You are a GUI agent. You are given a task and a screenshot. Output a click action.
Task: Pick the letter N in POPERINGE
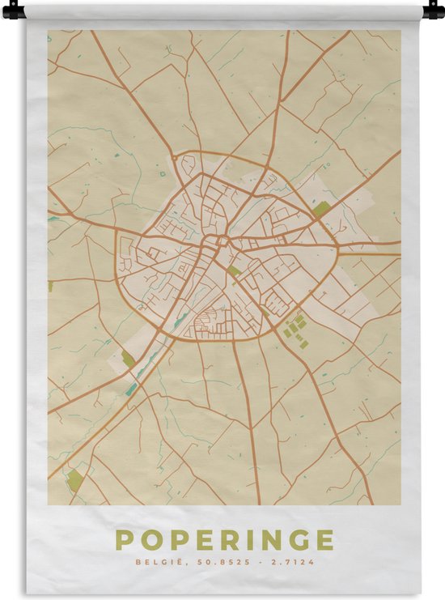click(x=272, y=539)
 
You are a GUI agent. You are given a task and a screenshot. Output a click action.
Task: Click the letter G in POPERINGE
click(x=299, y=539)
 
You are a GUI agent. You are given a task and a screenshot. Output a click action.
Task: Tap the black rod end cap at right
click(x=434, y=11)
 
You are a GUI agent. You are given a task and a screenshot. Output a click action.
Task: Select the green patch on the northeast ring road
click(x=321, y=209)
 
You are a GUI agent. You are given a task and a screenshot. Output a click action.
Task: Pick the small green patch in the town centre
click(x=234, y=270)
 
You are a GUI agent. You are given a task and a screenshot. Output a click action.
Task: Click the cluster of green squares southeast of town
click(x=295, y=326)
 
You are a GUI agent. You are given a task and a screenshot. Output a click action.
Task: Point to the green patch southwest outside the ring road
click(x=128, y=358)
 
